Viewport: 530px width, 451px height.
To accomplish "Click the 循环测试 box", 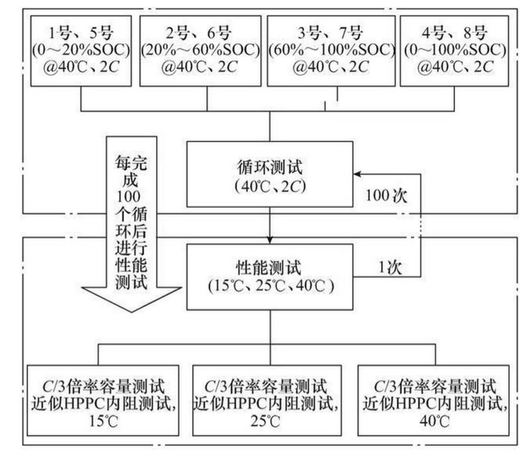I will point(270,174).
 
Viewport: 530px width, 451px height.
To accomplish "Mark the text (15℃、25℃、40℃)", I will point(270,287).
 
